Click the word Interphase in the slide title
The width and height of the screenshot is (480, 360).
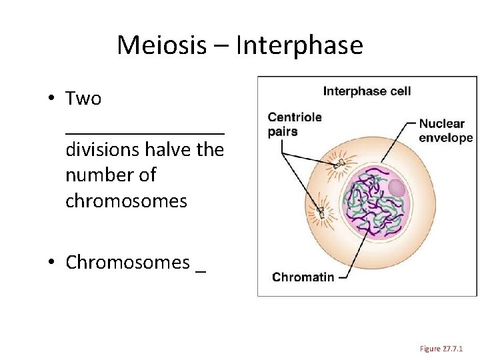[299, 45]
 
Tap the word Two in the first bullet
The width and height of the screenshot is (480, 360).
[83, 99]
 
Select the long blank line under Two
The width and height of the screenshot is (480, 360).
[145, 131]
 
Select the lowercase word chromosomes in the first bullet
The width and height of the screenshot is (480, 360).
[126, 201]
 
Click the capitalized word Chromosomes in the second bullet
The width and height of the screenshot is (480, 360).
[127, 263]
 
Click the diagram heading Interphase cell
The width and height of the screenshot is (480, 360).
[367, 91]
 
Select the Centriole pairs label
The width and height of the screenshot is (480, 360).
[295, 124]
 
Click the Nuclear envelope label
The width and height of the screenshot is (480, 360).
[445, 131]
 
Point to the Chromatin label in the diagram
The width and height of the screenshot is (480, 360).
[303, 276]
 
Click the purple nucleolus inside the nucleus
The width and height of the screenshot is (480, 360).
[396, 189]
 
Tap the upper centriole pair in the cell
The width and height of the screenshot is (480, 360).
[339, 163]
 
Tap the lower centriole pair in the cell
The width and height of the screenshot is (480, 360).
[321, 212]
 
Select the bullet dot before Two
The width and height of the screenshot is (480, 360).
[51, 99]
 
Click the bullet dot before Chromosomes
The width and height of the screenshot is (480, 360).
[51, 263]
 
